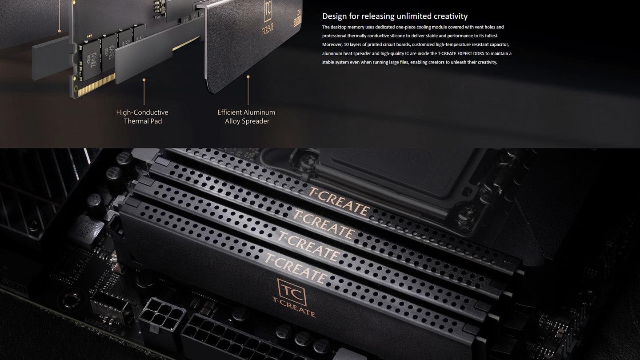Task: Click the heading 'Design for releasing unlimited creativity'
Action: pyautogui.click(x=395, y=16)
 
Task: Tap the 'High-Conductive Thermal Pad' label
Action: pyautogui.click(x=142, y=116)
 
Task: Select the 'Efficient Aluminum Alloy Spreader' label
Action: pyautogui.click(x=246, y=116)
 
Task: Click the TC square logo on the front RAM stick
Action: pyautogui.click(x=292, y=292)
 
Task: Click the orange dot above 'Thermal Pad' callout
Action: pyautogui.click(x=144, y=80)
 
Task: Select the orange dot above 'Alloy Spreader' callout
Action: pyautogui.click(x=248, y=77)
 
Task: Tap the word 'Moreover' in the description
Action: pyautogui.click(x=332, y=44)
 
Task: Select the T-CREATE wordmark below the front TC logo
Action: pyautogui.click(x=294, y=307)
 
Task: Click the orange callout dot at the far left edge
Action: pyautogui.click(x=59, y=31)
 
